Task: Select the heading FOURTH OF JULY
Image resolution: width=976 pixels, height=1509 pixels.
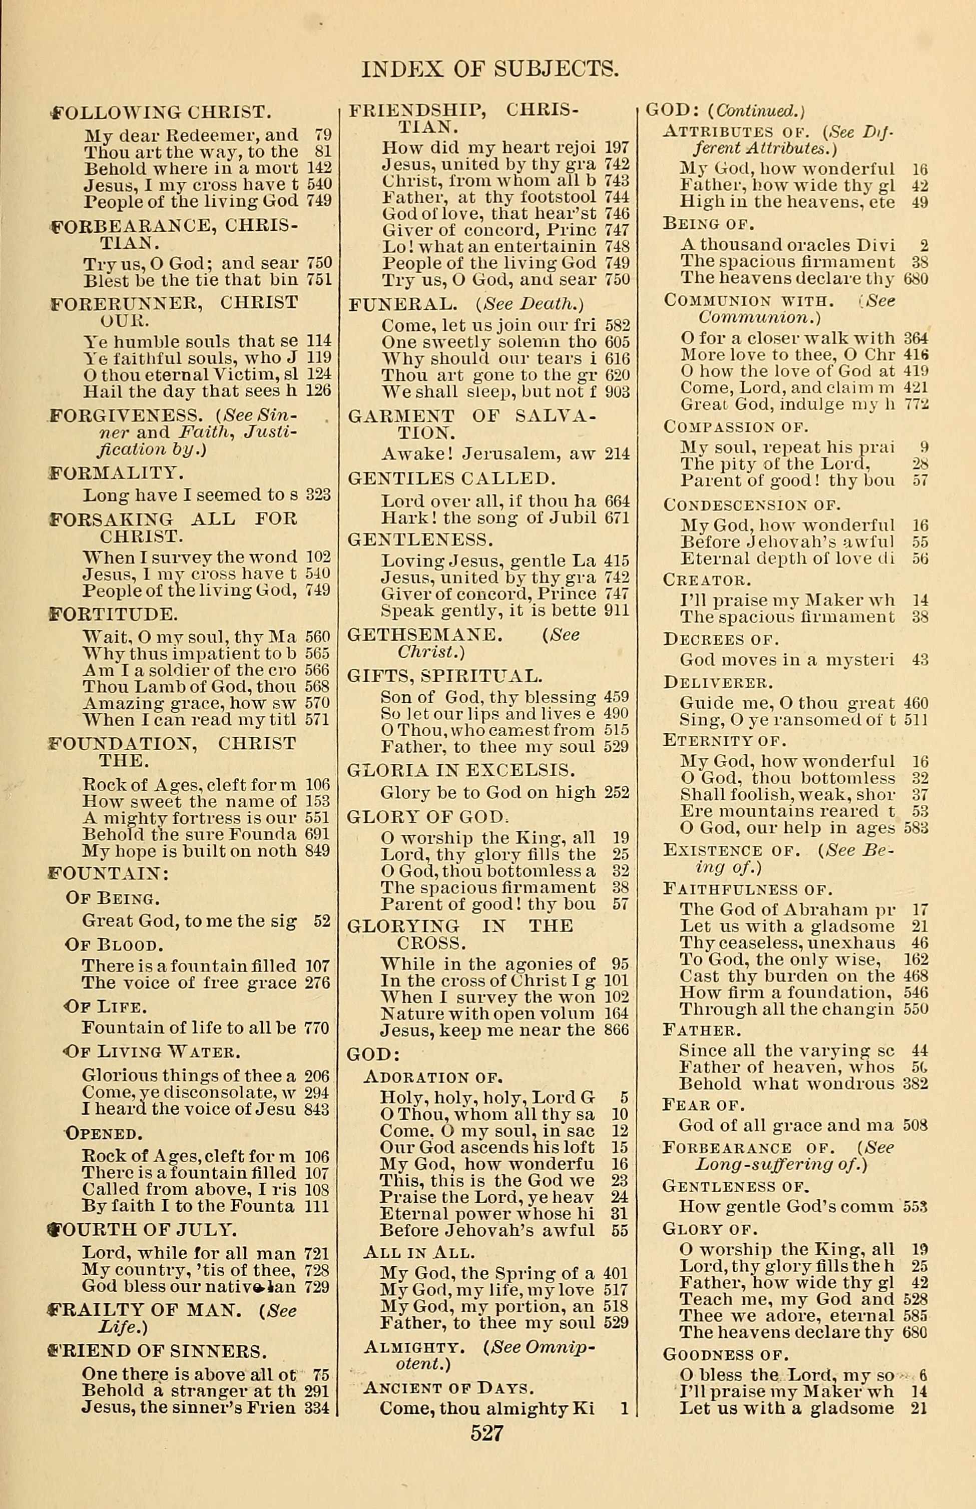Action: (x=143, y=1230)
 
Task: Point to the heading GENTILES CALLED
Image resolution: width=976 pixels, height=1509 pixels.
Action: (x=451, y=478)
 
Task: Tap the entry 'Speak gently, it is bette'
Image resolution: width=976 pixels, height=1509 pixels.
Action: (x=489, y=610)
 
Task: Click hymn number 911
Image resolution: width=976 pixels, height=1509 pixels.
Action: (x=617, y=610)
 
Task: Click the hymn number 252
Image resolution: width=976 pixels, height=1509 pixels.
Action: (x=617, y=792)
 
